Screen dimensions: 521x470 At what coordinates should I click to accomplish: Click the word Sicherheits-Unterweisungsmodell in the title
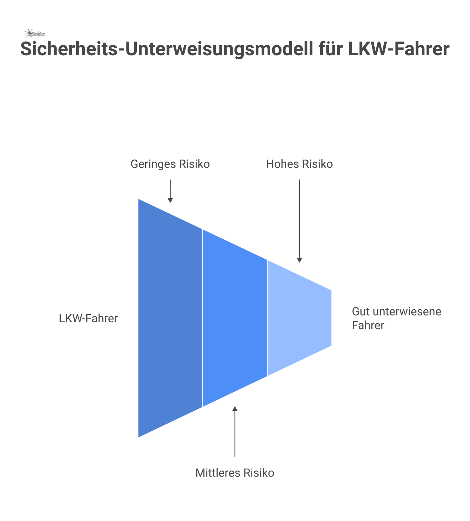166,49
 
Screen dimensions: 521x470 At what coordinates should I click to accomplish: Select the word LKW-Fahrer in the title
399,49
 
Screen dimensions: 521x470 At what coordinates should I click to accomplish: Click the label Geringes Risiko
170,164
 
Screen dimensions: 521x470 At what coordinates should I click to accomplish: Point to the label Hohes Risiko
299,164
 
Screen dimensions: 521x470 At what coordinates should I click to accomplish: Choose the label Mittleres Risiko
235,473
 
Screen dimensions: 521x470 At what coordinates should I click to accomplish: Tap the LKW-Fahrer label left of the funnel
88,319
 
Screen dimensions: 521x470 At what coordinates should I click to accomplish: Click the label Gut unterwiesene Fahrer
396,318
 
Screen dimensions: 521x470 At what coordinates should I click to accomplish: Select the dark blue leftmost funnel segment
170,318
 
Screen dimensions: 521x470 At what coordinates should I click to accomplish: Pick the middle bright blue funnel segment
235,318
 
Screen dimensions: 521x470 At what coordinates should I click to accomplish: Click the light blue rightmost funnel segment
299,318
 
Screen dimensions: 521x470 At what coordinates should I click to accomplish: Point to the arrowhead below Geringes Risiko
170,201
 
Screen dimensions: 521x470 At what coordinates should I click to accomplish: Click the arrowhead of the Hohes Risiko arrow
299,260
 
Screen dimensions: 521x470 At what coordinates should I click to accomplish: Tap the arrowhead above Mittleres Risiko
235,409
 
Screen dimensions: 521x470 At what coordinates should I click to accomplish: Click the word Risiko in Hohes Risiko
317,164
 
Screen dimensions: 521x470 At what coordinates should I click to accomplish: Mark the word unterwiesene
407,312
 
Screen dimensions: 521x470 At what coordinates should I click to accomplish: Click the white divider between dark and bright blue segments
202,318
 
